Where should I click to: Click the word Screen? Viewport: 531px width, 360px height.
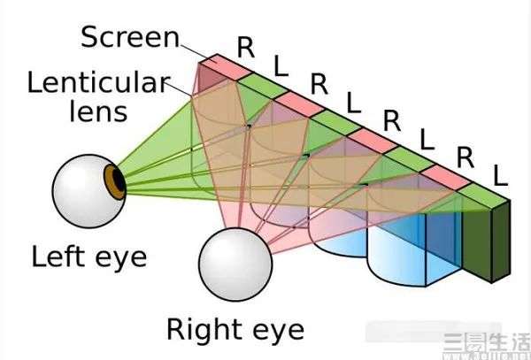[130, 37]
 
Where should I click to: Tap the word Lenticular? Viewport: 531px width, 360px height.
[98, 82]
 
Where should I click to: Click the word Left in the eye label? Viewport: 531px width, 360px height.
[58, 257]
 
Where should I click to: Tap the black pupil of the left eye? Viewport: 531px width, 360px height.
[119, 180]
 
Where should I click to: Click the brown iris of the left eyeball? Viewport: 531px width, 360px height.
[113, 182]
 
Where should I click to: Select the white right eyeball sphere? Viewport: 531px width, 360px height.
[235, 264]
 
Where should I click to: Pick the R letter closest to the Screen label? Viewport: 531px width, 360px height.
[246, 47]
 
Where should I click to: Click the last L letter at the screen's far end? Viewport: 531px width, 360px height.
[500, 176]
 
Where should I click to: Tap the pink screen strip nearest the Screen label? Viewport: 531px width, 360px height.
[227, 67]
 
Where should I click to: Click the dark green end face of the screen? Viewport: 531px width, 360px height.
[501, 241]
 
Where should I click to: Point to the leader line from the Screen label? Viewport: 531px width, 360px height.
[195, 52]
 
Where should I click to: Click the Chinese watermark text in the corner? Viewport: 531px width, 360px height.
[487, 342]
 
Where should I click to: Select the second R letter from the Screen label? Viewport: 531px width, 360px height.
[319, 84]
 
